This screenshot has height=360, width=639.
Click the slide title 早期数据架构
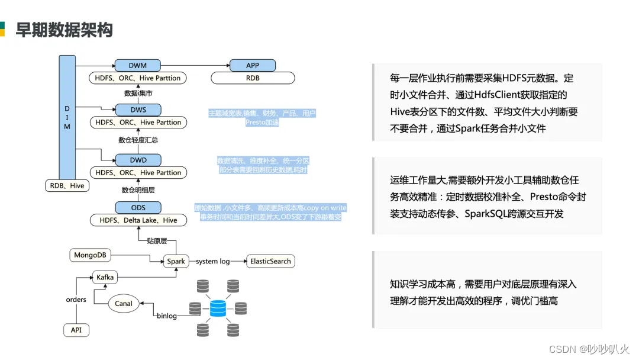click(x=64, y=30)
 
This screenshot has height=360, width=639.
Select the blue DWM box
click(x=138, y=65)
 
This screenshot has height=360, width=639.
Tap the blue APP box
click(x=253, y=65)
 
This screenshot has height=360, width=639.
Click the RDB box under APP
click(x=253, y=78)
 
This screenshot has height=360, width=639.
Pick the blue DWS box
click(x=138, y=110)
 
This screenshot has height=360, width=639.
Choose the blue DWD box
click(x=138, y=160)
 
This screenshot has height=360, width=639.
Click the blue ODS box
click(x=138, y=207)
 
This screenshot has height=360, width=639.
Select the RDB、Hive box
click(x=67, y=185)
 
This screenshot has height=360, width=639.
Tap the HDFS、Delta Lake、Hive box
click(x=138, y=220)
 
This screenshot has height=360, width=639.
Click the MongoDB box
click(x=90, y=255)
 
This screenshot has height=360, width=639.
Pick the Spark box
click(x=176, y=261)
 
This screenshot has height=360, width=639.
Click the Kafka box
click(x=105, y=277)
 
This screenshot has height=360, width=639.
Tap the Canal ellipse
click(x=124, y=304)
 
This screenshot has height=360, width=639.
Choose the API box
click(x=76, y=330)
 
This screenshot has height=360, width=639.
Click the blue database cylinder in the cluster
click(x=218, y=308)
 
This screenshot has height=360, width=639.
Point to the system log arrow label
click(x=213, y=261)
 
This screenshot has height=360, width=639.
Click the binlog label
click(x=167, y=316)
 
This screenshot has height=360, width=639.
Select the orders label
click(x=76, y=300)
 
